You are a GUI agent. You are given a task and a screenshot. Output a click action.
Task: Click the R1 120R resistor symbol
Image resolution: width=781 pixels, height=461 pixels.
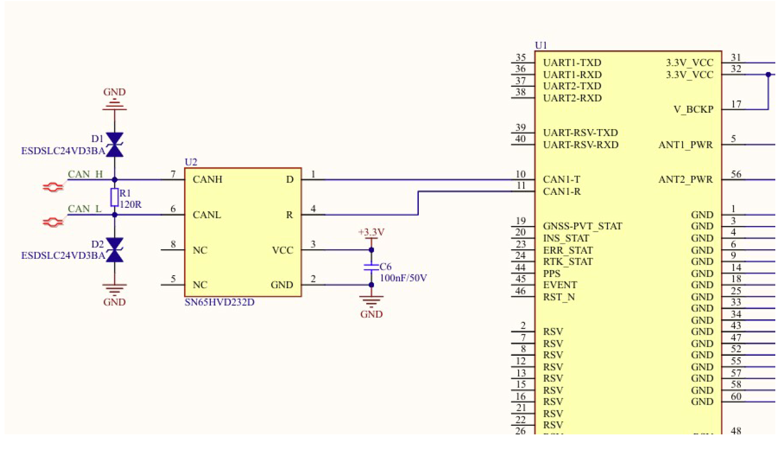[x=114, y=198]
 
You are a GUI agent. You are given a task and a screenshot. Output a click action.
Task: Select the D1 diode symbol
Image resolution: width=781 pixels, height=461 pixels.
[x=115, y=144]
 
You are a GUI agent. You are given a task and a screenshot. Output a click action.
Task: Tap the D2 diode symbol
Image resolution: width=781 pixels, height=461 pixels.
[x=115, y=250]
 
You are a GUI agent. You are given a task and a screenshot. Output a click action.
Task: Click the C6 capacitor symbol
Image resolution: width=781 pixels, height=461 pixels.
[x=371, y=266]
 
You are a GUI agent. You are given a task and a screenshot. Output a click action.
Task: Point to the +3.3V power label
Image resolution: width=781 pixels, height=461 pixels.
[x=371, y=232]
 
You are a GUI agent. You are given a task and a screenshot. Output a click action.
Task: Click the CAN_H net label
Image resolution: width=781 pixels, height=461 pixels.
[x=85, y=174]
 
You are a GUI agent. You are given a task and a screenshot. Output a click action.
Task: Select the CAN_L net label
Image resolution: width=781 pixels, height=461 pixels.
[x=85, y=209]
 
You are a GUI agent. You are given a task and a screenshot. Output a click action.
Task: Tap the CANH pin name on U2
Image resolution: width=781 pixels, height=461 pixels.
[x=207, y=180]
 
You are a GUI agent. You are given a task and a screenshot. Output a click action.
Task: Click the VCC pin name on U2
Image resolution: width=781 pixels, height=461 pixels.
[x=282, y=250]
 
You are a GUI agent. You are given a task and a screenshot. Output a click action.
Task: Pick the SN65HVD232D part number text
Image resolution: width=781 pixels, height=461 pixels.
[x=219, y=302]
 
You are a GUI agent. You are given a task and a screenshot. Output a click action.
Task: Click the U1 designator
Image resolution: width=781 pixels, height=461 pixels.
[x=541, y=45]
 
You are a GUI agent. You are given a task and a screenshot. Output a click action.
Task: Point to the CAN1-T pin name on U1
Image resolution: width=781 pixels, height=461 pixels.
[x=561, y=180]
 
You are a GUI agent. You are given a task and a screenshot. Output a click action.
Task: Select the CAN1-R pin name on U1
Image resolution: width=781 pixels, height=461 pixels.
[x=562, y=191]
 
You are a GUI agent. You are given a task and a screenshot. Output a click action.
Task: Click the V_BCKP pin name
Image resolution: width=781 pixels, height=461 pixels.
[x=694, y=109]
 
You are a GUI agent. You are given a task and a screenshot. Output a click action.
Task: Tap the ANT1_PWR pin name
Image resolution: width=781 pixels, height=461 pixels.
[x=686, y=144]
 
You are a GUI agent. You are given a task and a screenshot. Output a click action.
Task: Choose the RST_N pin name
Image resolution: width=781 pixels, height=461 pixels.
[x=559, y=297]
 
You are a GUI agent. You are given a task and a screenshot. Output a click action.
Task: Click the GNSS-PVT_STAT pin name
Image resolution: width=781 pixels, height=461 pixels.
[x=582, y=227]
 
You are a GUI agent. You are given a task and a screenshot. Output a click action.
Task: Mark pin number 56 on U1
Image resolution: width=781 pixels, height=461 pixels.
[x=736, y=174]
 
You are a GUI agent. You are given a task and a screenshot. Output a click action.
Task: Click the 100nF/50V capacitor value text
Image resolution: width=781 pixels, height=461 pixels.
[x=404, y=278]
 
